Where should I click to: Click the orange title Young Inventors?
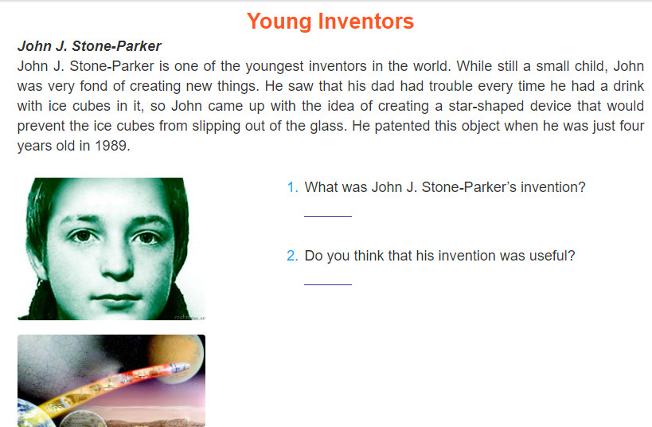330,22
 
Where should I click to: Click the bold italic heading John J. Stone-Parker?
89,46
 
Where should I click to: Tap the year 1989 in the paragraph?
112,146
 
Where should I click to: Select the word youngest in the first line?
274,67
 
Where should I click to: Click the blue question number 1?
293,187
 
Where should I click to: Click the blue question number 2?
293,256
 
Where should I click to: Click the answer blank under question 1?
328,216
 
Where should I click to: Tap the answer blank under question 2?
328,284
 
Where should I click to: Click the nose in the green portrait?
116,266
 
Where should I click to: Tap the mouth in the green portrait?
117,297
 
